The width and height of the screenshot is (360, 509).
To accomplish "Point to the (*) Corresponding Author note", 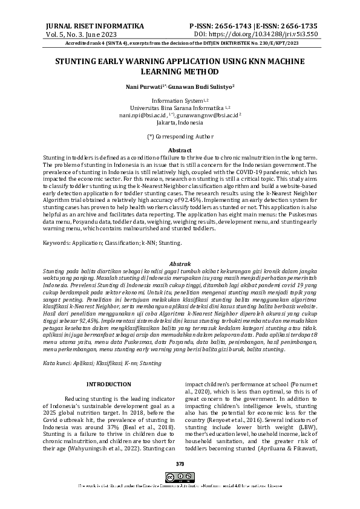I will [180, 137].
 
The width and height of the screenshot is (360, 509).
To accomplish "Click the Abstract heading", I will [180, 150].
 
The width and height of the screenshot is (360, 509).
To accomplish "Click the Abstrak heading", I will [180, 265].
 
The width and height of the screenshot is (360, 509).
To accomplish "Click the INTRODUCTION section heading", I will [109, 384].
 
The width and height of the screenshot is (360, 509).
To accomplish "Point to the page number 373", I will [180, 464].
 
